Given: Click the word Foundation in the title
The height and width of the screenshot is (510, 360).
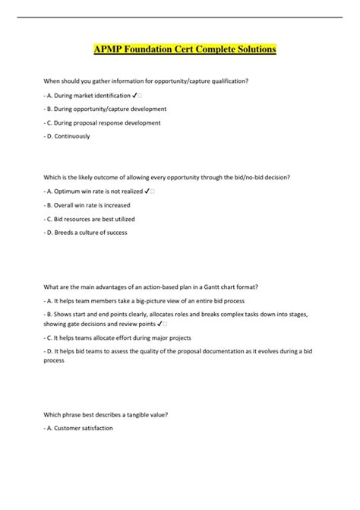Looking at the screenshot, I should (148, 50).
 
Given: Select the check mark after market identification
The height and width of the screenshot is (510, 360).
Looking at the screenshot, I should (134, 95).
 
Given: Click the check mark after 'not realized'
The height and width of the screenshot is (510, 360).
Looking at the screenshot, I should (147, 191).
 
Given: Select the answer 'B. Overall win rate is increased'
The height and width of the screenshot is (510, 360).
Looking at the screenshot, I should (89, 204).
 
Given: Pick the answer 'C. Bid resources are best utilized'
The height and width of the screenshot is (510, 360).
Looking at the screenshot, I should (90, 218).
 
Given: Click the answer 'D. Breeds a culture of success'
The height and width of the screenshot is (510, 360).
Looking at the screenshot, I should (87, 232).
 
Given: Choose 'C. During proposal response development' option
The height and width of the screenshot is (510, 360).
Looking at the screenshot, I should (104, 122).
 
